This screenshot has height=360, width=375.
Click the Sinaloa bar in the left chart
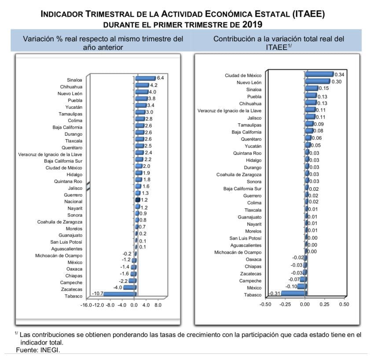coord(145,78)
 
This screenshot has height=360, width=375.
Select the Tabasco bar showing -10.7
coord(120,294)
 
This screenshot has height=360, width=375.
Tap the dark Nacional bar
coord(137,200)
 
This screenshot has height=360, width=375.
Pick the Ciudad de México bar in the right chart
coord(319,74)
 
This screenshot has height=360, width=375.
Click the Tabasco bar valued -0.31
coord(294,293)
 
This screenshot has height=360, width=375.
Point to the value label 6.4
coord(161,78)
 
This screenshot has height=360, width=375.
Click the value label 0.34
coord(339,74)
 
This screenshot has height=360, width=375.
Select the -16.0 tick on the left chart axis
coord(86,305)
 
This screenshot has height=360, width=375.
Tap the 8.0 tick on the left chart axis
coord(158,305)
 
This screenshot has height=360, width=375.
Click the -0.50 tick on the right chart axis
coord(265,304)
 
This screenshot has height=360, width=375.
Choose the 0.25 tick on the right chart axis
coord(324,304)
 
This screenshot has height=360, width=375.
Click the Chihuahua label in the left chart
coord(71,87)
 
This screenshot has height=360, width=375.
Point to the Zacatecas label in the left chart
coord(71,289)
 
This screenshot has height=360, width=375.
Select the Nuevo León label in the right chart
coord(249,82)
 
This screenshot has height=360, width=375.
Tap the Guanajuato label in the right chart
coord(250,217)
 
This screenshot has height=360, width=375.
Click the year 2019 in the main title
coord(252,24)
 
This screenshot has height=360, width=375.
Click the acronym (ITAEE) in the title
coord(308,14)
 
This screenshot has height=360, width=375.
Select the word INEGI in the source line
coord(49,350)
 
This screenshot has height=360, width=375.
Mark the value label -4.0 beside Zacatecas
coord(118,287)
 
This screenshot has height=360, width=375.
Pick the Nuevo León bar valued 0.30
coord(318,82)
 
